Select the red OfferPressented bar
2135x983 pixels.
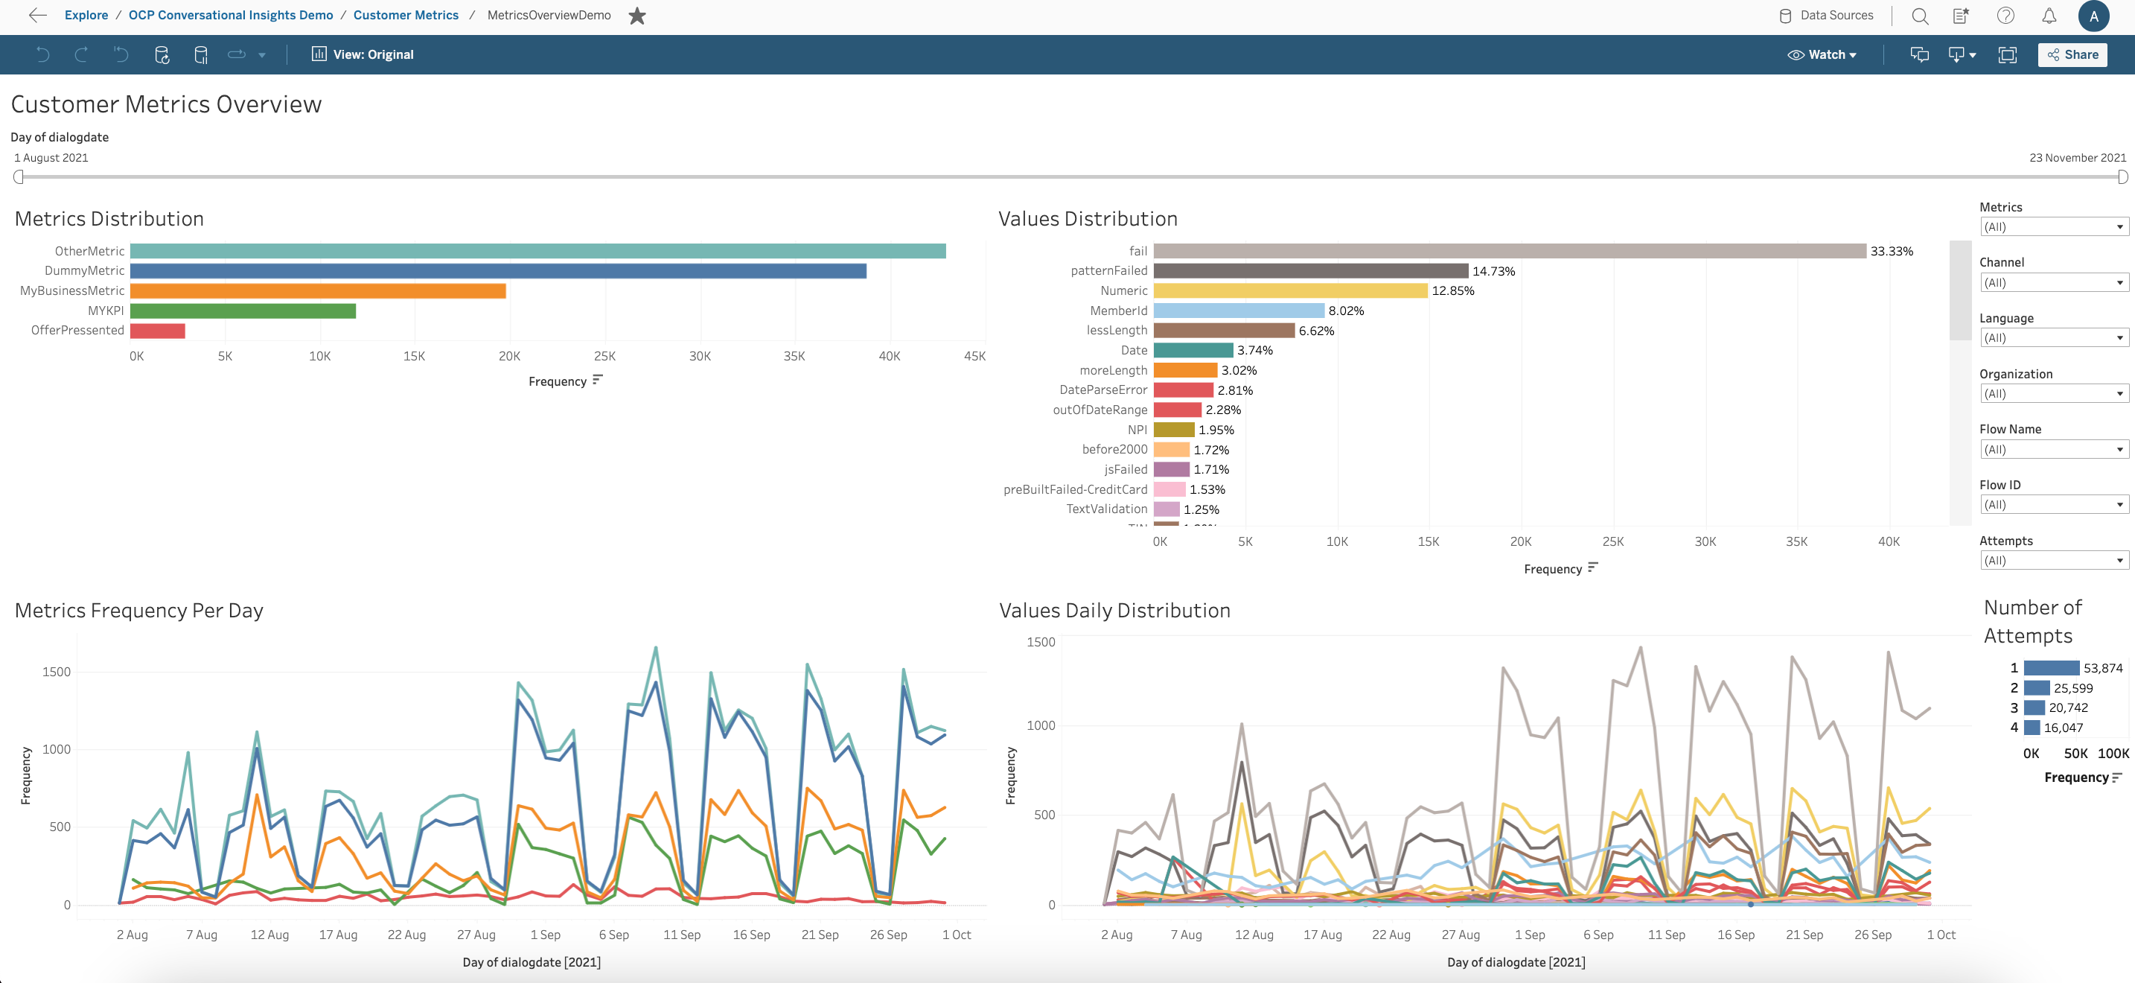[158, 331]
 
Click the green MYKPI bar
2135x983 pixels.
[243, 311]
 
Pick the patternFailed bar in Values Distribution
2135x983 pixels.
[1309, 271]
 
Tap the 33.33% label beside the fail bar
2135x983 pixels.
[1891, 251]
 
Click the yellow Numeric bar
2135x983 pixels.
[1289, 291]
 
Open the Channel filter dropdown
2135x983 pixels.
[2052, 283]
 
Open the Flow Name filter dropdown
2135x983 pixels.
[2052, 449]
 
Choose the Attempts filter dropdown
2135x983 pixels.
[2052, 560]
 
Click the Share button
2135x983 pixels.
[2072, 54]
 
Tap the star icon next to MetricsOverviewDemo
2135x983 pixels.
[636, 16]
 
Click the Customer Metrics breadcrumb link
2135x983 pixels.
[405, 15]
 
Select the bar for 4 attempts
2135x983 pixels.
[2032, 728]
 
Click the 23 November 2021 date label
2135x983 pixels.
[2076, 157]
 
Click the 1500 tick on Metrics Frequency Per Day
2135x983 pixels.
[57, 672]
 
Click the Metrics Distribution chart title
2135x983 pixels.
[109, 219]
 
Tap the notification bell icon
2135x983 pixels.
[2049, 16]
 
